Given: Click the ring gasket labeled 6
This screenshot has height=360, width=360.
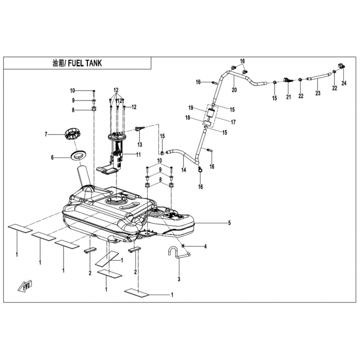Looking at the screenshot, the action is [x=79, y=155].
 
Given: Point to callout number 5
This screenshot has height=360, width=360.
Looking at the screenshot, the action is [x=229, y=223].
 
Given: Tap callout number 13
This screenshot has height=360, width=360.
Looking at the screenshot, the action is [x=140, y=144].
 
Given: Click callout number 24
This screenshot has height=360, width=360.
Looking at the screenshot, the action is [x=344, y=83].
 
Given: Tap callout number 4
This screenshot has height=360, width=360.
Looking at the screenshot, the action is [x=205, y=247].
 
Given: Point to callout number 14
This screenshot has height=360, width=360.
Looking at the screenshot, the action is [x=184, y=170].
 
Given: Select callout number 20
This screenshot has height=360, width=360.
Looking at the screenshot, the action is [x=234, y=90].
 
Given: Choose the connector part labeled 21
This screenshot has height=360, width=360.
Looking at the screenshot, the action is [x=288, y=81].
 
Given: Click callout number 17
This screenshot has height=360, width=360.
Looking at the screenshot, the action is [x=233, y=122].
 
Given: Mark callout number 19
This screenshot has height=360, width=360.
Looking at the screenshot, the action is [x=191, y=108].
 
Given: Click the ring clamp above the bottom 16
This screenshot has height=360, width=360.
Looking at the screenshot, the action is [x=200, y=170].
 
